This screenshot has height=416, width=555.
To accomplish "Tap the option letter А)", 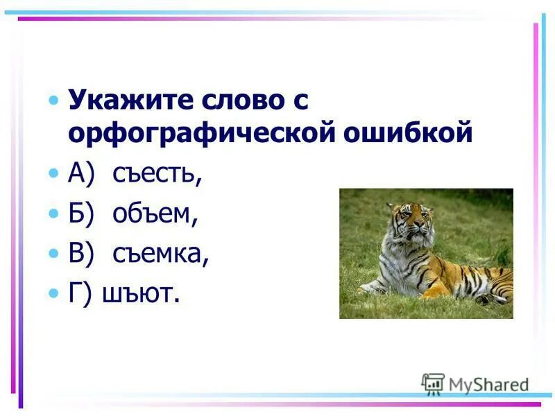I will tap(80, 174).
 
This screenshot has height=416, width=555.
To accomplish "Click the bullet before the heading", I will tap(54, 102).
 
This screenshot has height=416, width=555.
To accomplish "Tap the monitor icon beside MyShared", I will tap(433, 384).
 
